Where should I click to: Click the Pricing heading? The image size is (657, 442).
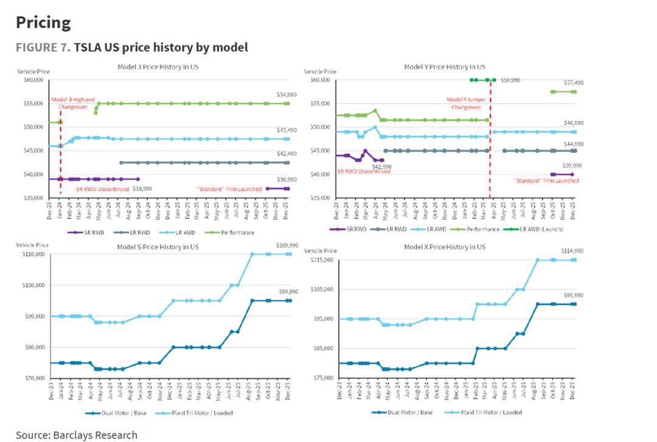pyautogui.click(x=43, y=23)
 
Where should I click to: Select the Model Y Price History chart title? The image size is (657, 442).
pyautogui.click(x=445, y=66)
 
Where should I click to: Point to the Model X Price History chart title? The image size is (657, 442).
pyautogui.click(x=445, y=247)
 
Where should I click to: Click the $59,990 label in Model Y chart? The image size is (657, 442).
pyautogui.click(x=510, y=80)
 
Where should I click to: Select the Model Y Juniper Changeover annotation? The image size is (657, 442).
pyautogui.click(x=464, y=103)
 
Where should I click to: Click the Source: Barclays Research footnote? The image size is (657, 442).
pyautogui.click(x=77, y=435)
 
